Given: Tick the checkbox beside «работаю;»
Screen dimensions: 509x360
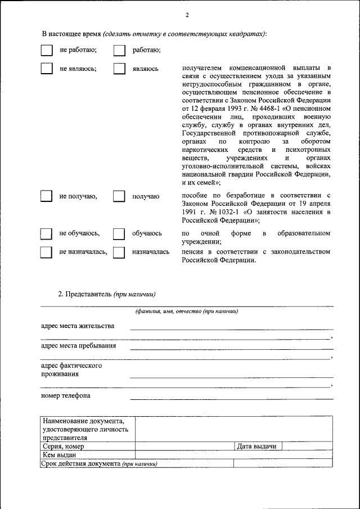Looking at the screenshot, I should click(119, 51).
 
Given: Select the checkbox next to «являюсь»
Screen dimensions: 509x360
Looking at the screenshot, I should click(119, 69).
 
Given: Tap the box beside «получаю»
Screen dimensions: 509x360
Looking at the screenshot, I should click(119, 196).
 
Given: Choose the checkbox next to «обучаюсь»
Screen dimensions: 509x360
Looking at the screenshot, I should click(119, 233).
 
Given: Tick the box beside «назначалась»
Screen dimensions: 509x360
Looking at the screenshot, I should click(119, 252).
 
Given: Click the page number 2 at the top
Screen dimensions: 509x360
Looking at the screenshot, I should click(187, 15).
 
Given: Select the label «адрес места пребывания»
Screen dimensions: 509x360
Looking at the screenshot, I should click(78, 346).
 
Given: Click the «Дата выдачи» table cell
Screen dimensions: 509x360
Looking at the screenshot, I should click(256, 447).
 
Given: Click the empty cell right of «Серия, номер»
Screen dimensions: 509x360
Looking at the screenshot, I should click(184, 447).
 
